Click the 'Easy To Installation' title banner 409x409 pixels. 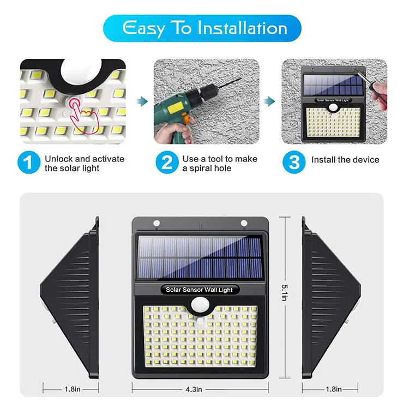(x=204, y=28)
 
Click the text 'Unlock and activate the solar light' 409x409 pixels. (x=85, y=164)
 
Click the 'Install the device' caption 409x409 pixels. (x=345, y=160)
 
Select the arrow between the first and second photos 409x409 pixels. (x=141, y=100)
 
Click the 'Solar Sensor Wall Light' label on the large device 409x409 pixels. (x=200, y=290)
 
